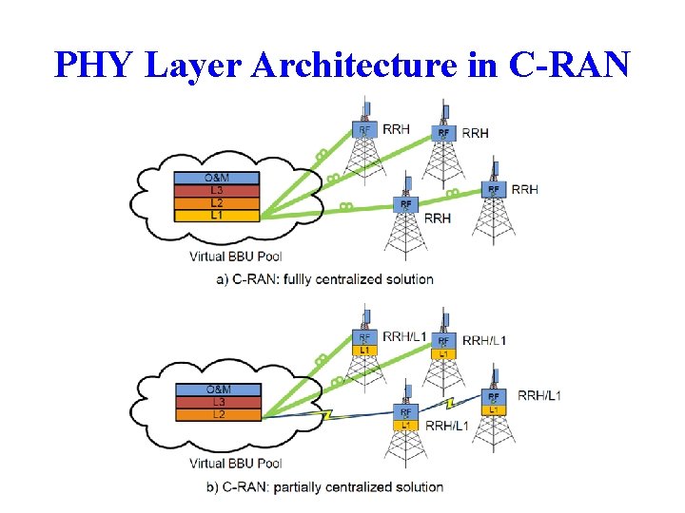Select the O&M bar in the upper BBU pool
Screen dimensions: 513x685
(216, 179)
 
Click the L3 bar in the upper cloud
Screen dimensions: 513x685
(216, 190)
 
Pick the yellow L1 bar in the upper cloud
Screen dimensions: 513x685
(216, 215)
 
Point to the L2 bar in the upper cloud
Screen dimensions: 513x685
(216, 202)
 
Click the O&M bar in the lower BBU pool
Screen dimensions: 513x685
(218, 389)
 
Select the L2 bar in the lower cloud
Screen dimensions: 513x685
(218, 414)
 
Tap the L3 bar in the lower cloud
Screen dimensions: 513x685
(218, 402)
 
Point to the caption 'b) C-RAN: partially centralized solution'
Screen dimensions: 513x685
(330, 487)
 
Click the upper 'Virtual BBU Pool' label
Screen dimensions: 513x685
(235, 256)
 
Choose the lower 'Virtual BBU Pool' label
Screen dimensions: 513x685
(235, 464)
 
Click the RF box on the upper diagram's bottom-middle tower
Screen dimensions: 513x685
(406, 204)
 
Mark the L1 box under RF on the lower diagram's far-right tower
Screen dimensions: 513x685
(493, 409)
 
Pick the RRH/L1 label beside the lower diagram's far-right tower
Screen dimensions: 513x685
(538, 395)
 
